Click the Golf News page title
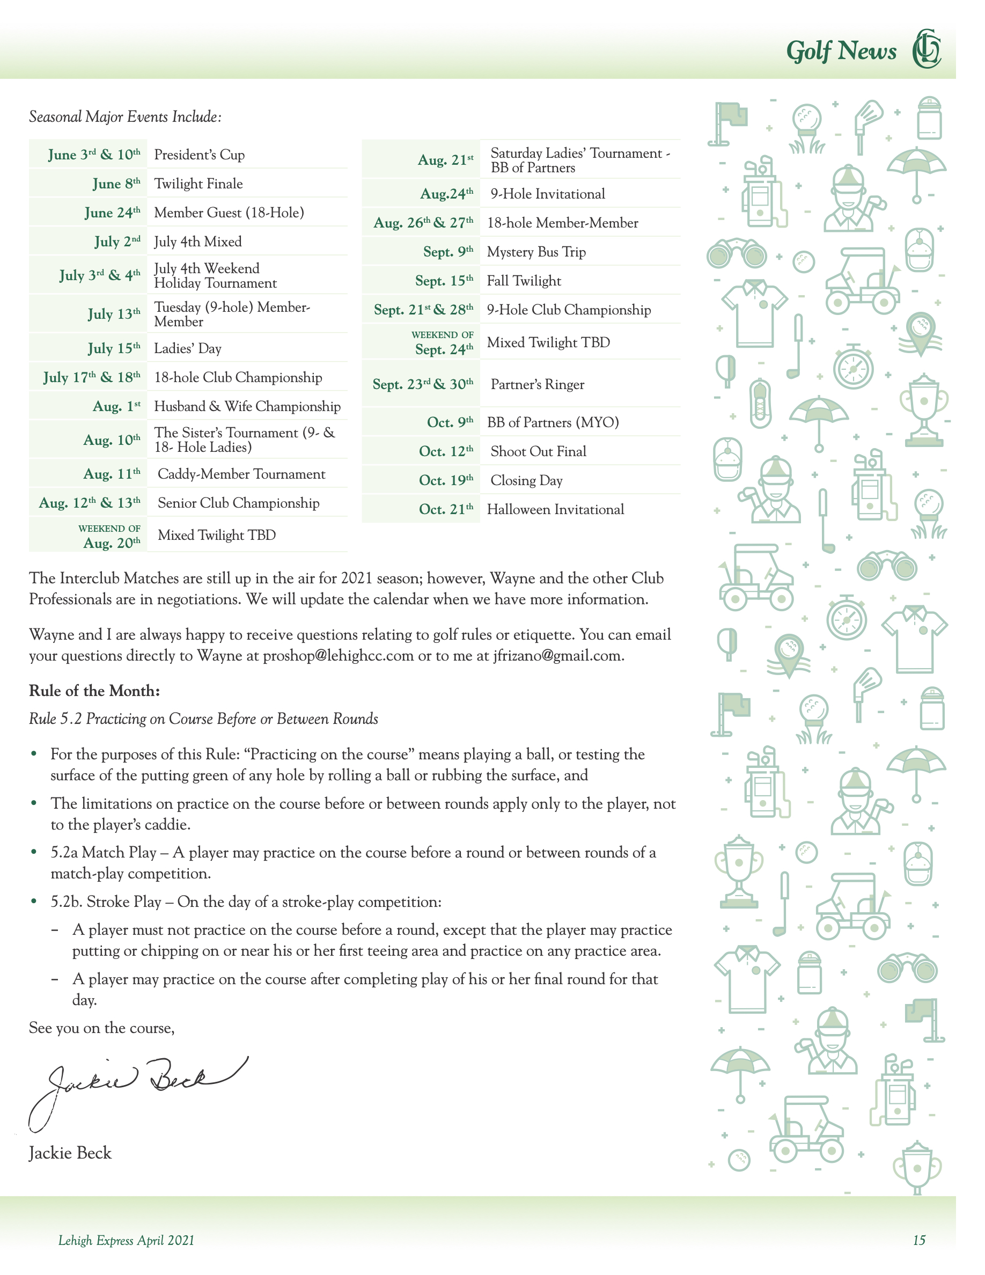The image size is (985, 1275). pyautogui.click(x=841, y=51)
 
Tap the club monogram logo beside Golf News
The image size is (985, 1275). pyautogui.click(x=927, y=48)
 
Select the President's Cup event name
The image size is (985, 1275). pyautogui.click(x=199, y=155)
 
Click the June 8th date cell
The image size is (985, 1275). pyautogui.click(x=116, y=184)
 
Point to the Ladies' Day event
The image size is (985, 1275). pyautogui.click(x=187, y=348)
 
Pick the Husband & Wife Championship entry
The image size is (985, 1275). pyautogui.click(x=247, y=406)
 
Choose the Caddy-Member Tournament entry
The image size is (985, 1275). pyautogui.click(x=241, y=474)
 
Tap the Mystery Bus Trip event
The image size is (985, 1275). pyautogui.click(x=536, y=252)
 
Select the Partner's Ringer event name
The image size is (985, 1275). pyautogui.click(x=537, y=385)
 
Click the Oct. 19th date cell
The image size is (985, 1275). pyautogui.click(x=446, y=480)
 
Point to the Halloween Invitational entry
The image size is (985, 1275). pyautogui.click(x=555, y=510)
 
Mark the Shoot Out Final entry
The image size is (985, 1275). pyautogui.click(x=538, y=452)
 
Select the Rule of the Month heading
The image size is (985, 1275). pyautogui.click(x=94, y=691)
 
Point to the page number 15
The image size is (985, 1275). pyautogui.click(x=919, y=1241)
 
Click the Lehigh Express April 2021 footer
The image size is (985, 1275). pyautogui.click(x=126, y=1241)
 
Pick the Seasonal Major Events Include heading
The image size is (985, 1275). pyautogui.click(x=126, y=117)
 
